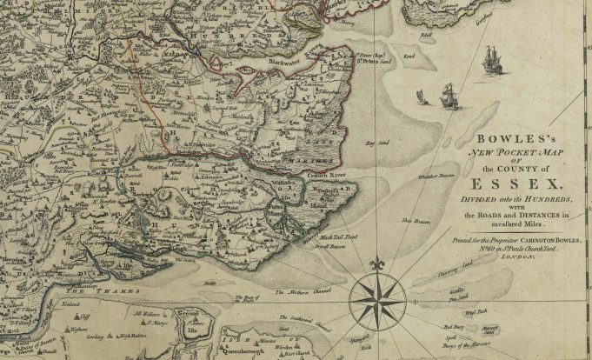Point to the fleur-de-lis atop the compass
[x=376, y=263]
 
